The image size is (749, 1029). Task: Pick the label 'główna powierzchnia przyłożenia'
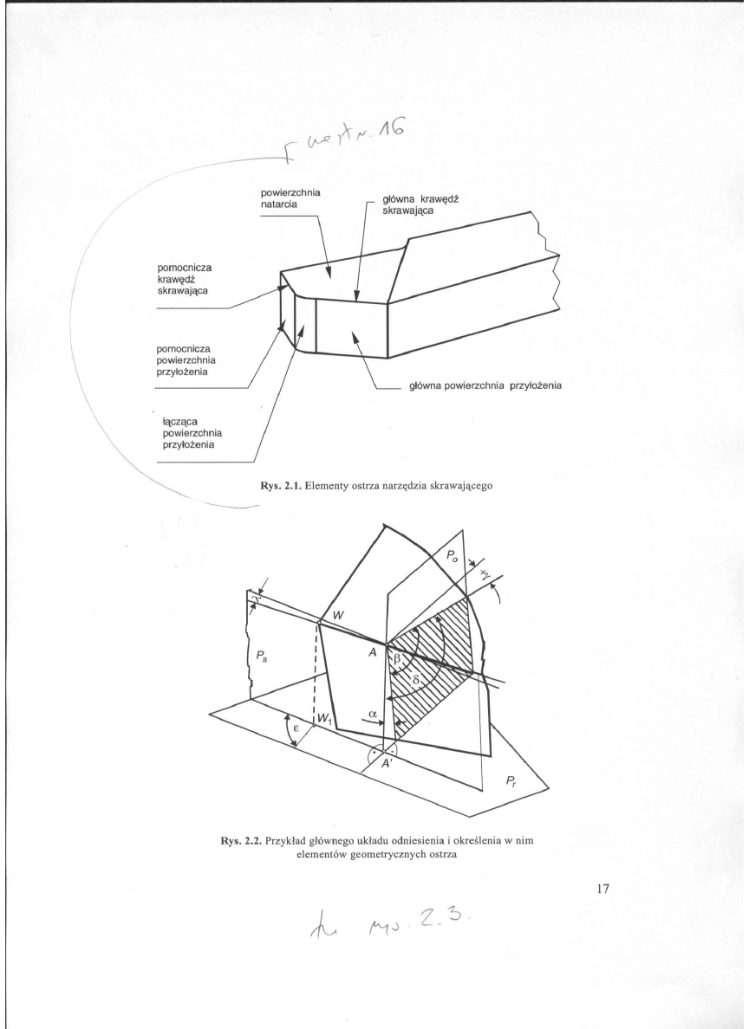(484, 388)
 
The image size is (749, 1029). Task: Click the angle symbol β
(398, 660)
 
